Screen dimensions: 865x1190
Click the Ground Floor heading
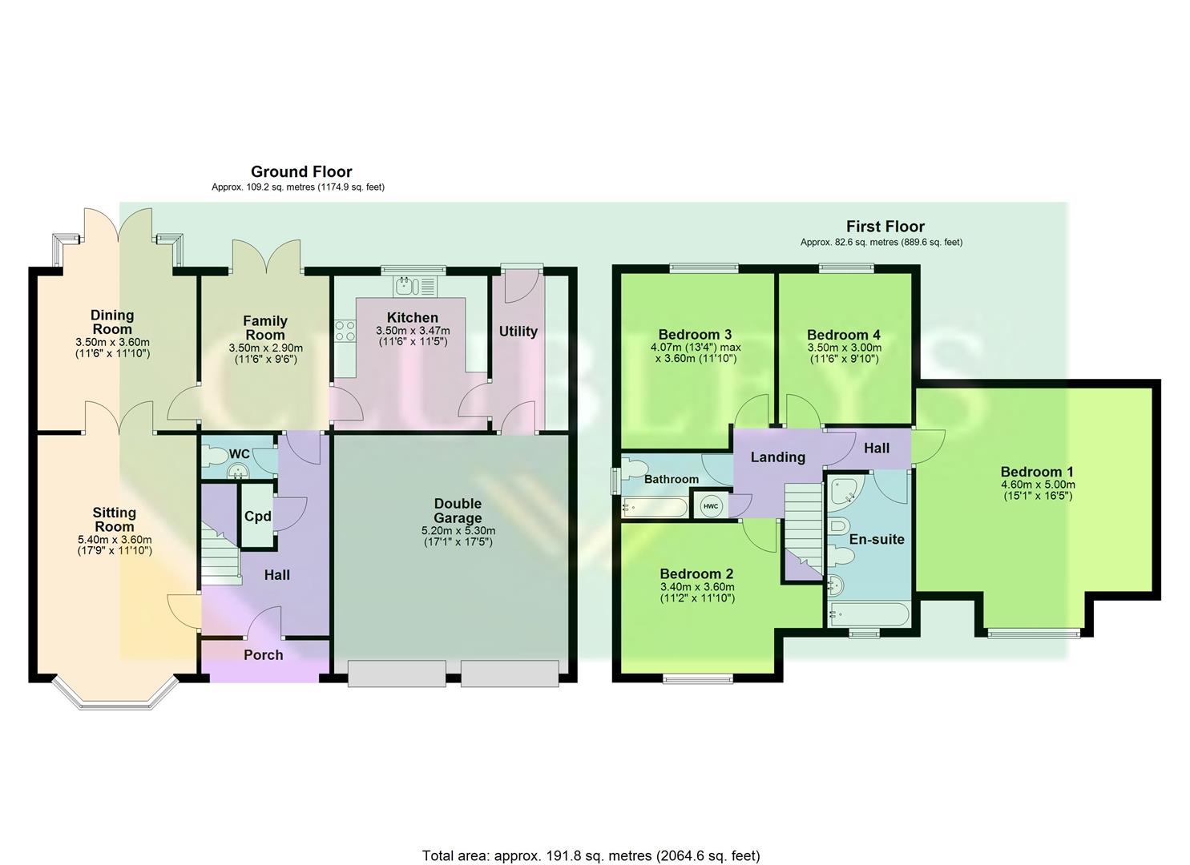[301, 171]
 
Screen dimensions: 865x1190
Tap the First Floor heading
[885, 227]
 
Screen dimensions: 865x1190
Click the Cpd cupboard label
[257, 517]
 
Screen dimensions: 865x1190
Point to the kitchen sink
[413, 285]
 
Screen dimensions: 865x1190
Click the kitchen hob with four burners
[345, 331]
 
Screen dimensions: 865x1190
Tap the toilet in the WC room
[216, 456]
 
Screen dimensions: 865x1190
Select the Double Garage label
[458, 510]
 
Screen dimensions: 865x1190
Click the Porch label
[263, 654]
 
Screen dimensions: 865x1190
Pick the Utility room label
[518, 331]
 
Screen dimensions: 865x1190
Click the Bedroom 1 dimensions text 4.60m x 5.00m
[1038, 485]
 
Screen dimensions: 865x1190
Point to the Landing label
[777, 457]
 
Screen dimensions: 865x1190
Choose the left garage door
[397, 674]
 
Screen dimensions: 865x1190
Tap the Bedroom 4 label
[837, 335]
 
